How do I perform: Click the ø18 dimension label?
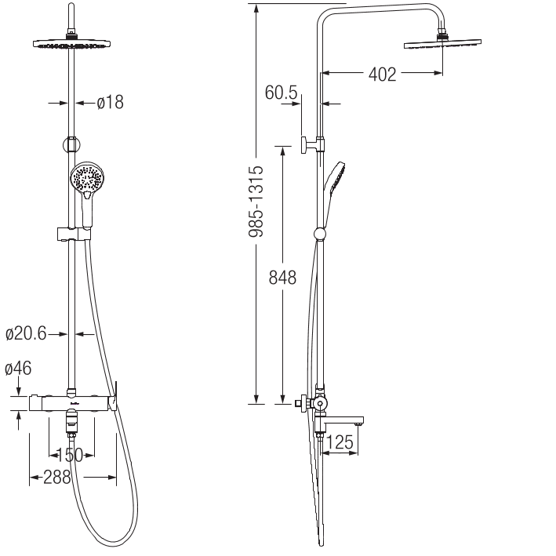click(111, 102)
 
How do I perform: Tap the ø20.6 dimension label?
click(26, 334)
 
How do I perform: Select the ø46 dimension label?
click(17, 368)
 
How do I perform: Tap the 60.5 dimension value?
click(281, 93)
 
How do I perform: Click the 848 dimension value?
click(281, 278)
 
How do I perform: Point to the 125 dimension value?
click(340, 444)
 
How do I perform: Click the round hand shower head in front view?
click(85, 178)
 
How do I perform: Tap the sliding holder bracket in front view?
click(73, 233)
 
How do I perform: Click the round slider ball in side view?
click(319, 233)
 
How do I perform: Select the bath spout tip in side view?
click(358, 424)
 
